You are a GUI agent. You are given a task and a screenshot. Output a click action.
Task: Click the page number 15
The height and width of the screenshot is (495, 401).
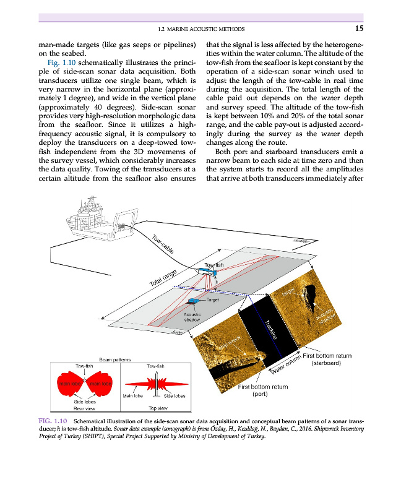(x=359, y=28)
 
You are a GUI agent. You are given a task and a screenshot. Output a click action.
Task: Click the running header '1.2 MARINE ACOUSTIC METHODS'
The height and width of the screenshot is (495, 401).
(x=201, y=28)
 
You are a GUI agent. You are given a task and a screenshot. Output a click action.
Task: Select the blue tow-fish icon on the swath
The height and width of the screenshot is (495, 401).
(x=207, y=270)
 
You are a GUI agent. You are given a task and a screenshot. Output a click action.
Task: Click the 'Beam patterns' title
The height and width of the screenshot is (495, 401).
(x=115, y=359)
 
